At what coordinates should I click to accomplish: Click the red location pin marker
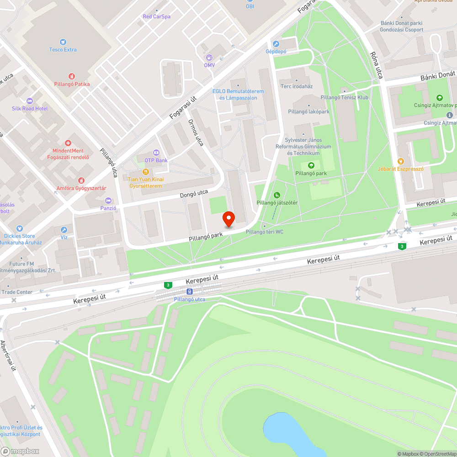coord(228,219)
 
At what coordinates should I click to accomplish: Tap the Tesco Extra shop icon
coord(63,42)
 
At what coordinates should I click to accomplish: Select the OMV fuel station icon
coord(209,58)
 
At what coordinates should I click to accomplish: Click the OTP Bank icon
coord(156,153)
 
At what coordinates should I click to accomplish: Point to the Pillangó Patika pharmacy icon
coord(72,76)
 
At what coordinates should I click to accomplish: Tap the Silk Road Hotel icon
coord(30,101)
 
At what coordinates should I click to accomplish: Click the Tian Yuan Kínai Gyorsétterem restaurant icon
coord(145,172)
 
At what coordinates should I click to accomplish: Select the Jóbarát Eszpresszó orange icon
coord(401,161)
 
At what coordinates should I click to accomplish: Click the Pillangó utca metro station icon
coord(189,292)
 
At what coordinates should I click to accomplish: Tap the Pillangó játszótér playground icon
coord(277,196)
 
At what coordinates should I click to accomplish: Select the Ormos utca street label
coord(196,133)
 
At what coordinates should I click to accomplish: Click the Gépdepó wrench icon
coord(276,44)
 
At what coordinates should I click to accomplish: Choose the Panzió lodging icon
coord(108,200)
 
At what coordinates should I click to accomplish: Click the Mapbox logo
coord(21,451)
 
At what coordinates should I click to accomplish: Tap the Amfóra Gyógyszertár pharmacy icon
coord(81,181)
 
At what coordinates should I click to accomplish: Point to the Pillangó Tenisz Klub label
coord(344,97)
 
